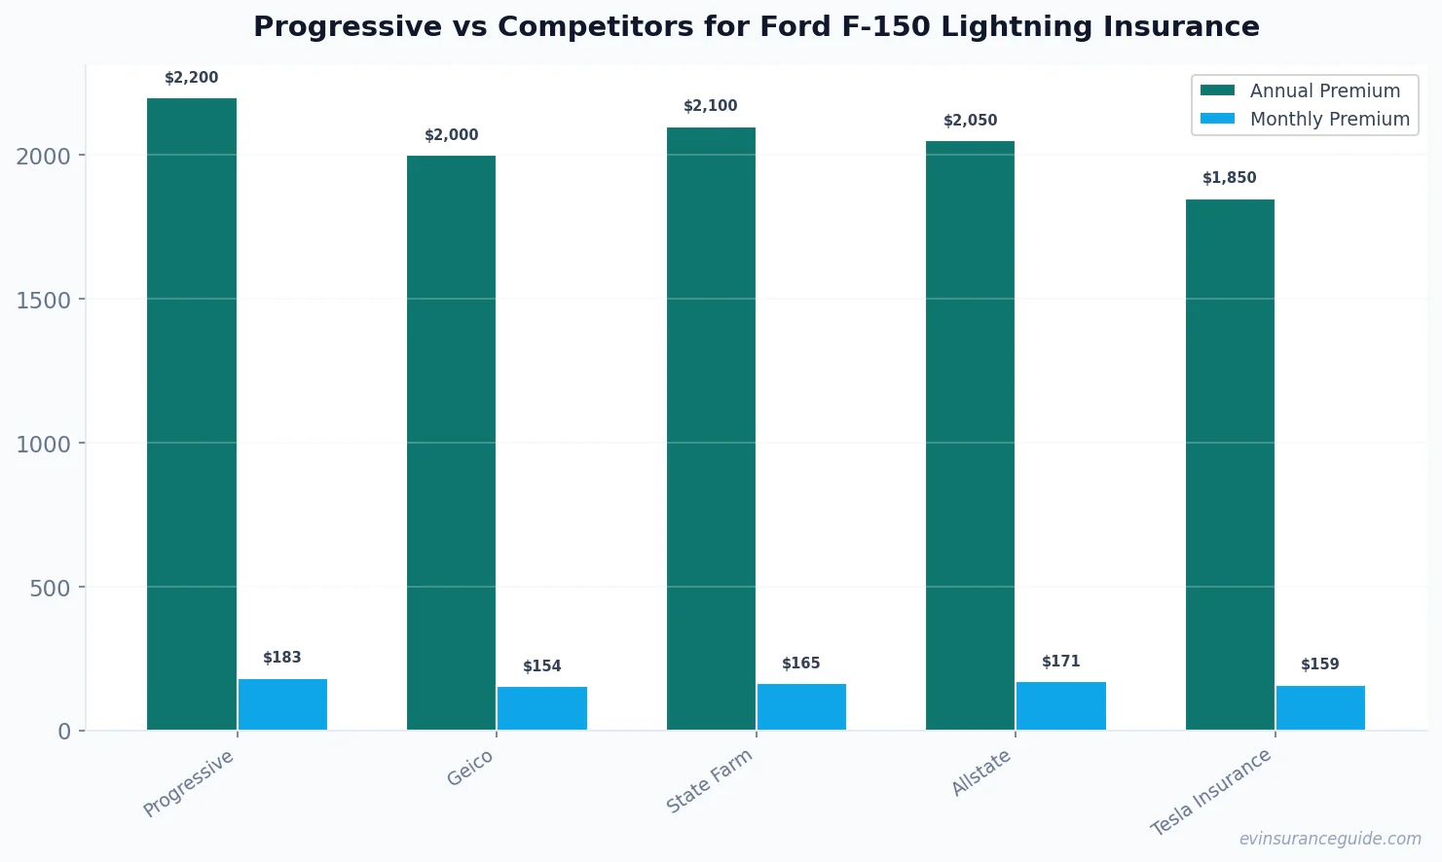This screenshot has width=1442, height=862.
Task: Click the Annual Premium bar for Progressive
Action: coord(192,413)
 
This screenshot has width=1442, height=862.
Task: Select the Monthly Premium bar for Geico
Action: coord(542,708)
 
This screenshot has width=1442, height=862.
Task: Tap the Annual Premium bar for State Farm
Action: coord(711,428)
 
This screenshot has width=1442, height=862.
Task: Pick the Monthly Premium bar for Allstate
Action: coord(1061,705)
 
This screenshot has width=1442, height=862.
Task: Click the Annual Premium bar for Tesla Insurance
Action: coord(1230,464)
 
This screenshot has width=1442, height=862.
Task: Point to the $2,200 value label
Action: coord(192,78)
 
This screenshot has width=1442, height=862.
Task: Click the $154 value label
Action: coord(542,666)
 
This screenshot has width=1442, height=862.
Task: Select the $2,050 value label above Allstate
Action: coord(971,121)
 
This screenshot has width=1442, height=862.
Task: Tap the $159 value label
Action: coord(1320,664)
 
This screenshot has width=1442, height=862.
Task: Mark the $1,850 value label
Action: coord(1230,178)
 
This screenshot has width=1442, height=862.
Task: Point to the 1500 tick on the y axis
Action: coord(44,300)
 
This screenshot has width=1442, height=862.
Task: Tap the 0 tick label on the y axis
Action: coord(64,732)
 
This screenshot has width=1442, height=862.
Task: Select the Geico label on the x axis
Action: coord(471,769)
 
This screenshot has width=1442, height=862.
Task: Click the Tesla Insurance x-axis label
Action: coord(1211,792)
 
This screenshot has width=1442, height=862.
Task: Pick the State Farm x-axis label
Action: coord(710,780)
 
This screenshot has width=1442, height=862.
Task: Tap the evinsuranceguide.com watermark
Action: coord(1330,839)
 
